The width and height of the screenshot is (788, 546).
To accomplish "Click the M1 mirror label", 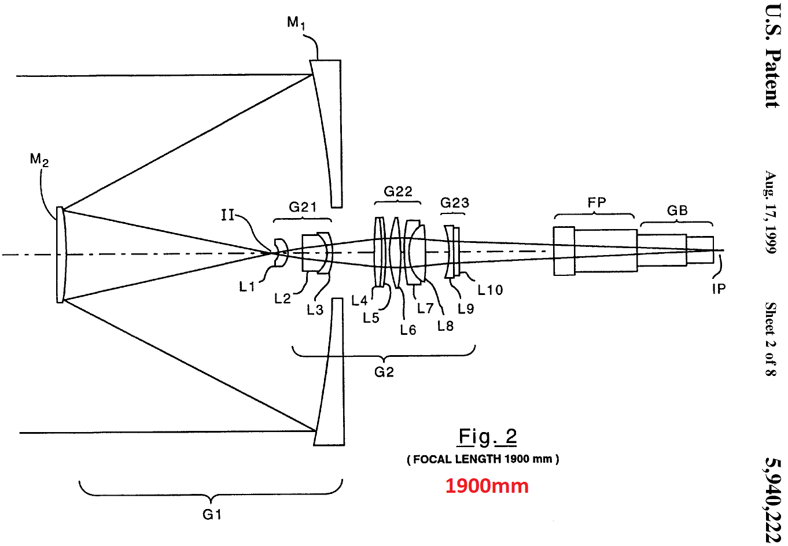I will pyautogui.click(x=296, y=23).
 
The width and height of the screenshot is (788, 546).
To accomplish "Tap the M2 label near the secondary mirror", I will pyautogui.click(x=39, y=160).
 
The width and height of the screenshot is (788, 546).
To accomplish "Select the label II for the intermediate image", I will pyautogui.click(x=228, y=215).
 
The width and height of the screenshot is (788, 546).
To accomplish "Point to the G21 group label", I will pyautogui.click(x=303, y=207).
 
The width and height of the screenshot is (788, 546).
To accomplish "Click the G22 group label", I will pyautogui.click(x=398, y=191).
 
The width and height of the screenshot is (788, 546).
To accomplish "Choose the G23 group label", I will pyautogui.click(x=454, y=202).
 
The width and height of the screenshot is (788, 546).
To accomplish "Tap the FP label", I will pyautogui.click(x=596, y=202).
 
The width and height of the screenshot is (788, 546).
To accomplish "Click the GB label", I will pyautogui.click(x=677, y=211).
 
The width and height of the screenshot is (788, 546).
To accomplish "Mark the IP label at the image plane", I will pyautogui.click(x=719, y=288).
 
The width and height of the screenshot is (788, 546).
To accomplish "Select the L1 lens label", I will pyautogui.click(x=247, y=286).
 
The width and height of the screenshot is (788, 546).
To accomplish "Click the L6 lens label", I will pyautogui.click(x=408, y=330).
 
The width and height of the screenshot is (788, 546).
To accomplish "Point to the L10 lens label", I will pyautogui.click(x=490, y=290).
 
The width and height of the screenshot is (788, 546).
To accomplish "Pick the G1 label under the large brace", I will pyautogui.click(x=212, y=514).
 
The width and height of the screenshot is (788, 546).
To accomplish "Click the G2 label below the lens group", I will pyautogui.click(x=384, y=372).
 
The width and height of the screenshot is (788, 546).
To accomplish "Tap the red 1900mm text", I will pyautogui.click(x=487, y=486).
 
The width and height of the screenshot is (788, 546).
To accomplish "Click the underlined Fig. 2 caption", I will pyautogui.click(x=487, y=436).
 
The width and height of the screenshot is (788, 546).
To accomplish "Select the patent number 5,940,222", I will pyautogui.click(x=772, y=500).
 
